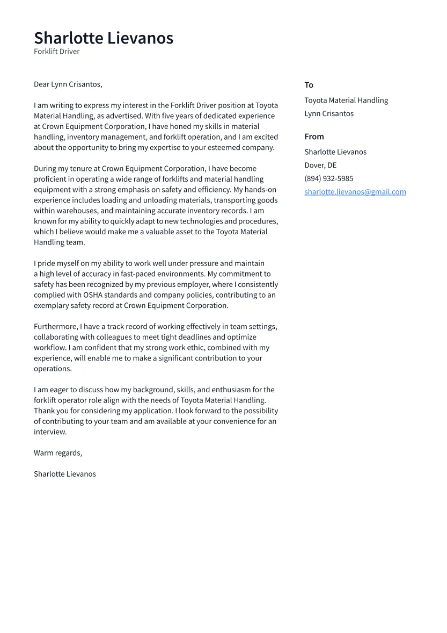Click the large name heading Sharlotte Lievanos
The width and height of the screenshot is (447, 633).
point(104,38)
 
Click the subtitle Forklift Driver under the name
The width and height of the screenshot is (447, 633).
point(56,52)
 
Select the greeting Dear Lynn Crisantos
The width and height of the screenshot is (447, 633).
point(68,84)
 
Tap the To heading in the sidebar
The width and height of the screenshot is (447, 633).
point(309,85)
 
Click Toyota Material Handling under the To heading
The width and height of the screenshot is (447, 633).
point(346,100)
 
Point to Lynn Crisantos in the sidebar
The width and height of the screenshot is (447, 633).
point(329,114)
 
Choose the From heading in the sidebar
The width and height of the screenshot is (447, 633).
point(314,136)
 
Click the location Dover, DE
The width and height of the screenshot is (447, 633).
point(320,166)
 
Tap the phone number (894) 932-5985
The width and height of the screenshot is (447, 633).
point(328,178)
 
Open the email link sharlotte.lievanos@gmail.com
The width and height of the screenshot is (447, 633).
point(355,192)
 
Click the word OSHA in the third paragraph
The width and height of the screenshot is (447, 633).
point(94,295)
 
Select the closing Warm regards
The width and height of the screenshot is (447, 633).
point(58,453)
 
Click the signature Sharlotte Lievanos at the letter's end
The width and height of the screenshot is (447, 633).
point(64,474)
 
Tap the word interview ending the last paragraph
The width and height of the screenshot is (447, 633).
point(50,432)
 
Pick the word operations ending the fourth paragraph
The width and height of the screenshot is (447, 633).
point(52,369)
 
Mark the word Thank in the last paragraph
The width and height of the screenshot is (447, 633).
point(44,411)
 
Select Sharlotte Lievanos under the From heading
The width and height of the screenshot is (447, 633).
point(335,152)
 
